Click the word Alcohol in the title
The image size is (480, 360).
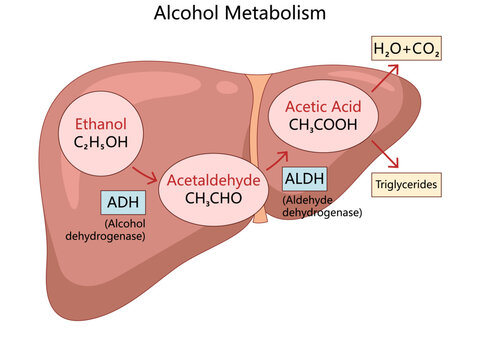189,15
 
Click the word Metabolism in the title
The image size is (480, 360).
275,15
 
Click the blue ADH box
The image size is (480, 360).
123,202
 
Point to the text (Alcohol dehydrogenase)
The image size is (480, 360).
123,230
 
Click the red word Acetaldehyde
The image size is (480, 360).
213,180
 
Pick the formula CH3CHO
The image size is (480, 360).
213,198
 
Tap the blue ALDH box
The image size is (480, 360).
304,179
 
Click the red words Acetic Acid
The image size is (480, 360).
322,105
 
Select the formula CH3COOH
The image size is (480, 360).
322,124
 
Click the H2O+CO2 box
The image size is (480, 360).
406,49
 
